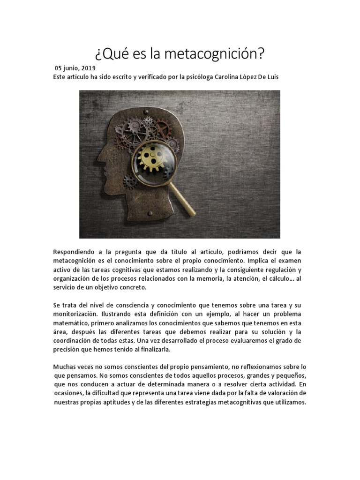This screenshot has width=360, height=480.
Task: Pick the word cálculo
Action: point(280,278)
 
